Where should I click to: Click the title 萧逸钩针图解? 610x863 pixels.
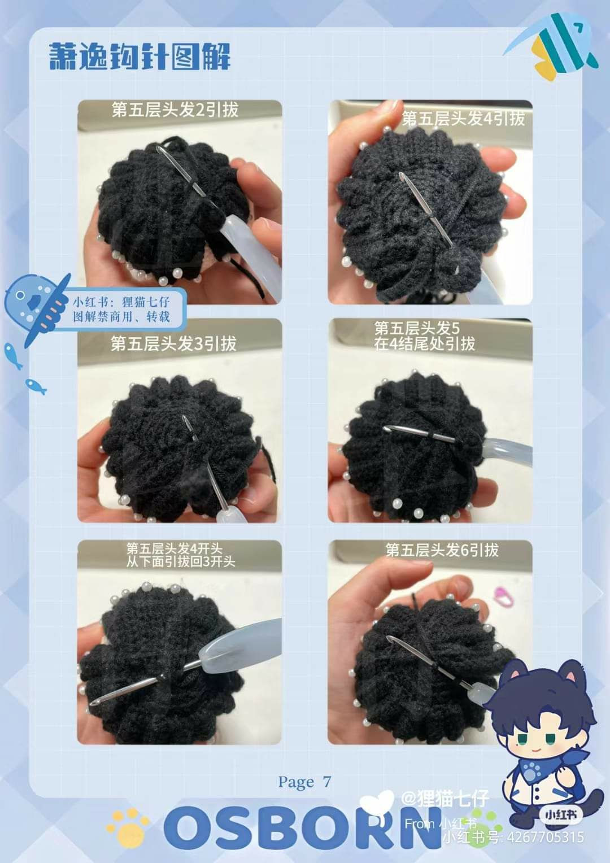140,56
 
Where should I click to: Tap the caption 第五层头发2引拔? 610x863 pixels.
175,110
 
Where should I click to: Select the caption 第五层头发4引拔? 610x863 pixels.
463,118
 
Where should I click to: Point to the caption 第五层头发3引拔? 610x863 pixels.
173,343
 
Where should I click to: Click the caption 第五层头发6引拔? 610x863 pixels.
442,550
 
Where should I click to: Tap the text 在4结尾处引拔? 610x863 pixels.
424,344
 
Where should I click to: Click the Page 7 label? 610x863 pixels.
304,782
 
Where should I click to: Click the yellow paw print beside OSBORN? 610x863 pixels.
129,825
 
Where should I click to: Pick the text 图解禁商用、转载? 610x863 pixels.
121,317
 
